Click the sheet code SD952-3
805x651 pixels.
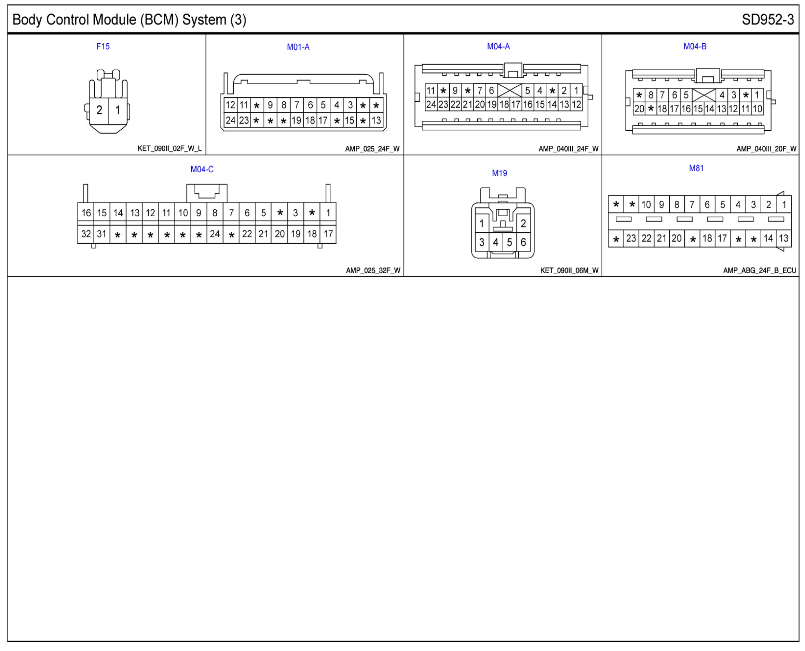[767, 19]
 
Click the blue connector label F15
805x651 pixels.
[103, 46]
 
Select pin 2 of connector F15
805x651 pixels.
[99, 110]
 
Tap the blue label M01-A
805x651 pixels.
[298, 47]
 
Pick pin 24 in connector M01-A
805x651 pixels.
[230, 120]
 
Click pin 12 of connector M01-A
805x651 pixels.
[230, 105]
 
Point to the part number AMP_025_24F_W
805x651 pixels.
[372, 149]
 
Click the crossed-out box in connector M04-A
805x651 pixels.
[509, 90]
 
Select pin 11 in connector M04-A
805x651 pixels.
[431, 90]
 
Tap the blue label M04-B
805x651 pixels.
[695, 46]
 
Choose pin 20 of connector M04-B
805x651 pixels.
[639, 109]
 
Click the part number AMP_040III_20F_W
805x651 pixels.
[766, 149]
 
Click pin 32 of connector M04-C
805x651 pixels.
[86, 234]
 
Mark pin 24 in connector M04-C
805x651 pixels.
[215, 234]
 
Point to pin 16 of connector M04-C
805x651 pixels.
[86, 213]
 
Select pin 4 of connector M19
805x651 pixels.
[496, 242]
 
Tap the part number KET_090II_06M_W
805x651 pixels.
[569, 270]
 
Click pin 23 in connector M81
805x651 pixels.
[631, 238]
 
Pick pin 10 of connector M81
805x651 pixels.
[646, 205]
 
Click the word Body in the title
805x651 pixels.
[27, 19]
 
